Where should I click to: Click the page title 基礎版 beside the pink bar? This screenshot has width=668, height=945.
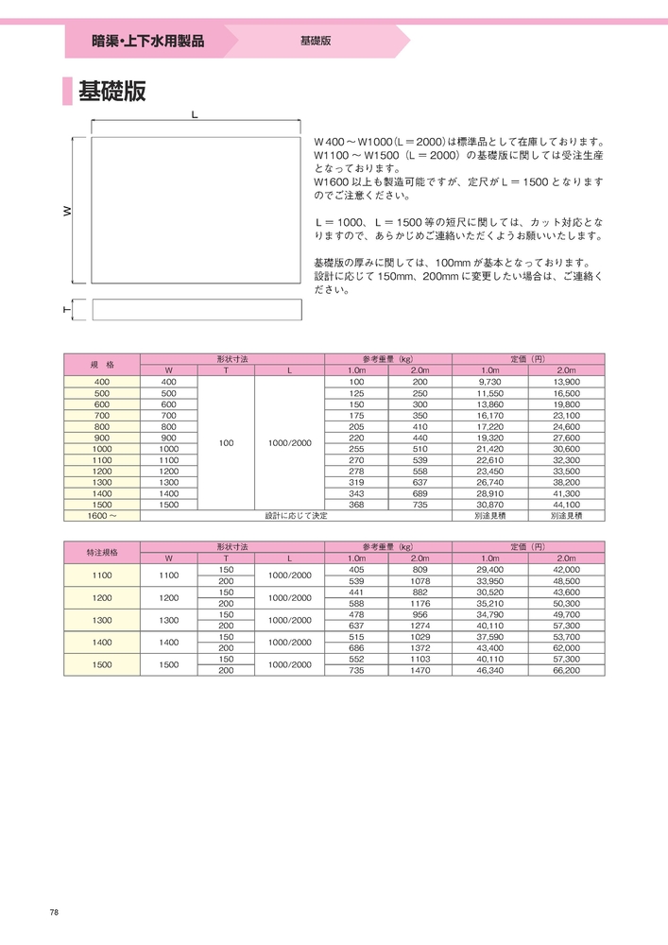111,92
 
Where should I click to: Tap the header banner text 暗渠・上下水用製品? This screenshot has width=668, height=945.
147,42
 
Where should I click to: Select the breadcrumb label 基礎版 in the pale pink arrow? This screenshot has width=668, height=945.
315,42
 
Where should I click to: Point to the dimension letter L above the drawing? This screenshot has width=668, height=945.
194,114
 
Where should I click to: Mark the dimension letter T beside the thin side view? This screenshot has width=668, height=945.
68,310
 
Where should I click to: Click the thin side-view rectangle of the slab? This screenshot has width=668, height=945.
196,310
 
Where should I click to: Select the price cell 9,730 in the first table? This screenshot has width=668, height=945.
490,381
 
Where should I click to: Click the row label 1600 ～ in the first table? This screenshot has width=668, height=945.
102,516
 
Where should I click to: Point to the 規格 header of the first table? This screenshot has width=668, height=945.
102,364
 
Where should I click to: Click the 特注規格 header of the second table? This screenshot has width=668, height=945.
102,552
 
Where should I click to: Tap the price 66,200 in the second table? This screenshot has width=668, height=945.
565,669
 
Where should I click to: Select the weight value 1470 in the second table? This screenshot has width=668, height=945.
420,669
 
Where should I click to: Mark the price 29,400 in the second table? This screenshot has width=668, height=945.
490,570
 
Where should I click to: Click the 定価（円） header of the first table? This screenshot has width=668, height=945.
528,359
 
